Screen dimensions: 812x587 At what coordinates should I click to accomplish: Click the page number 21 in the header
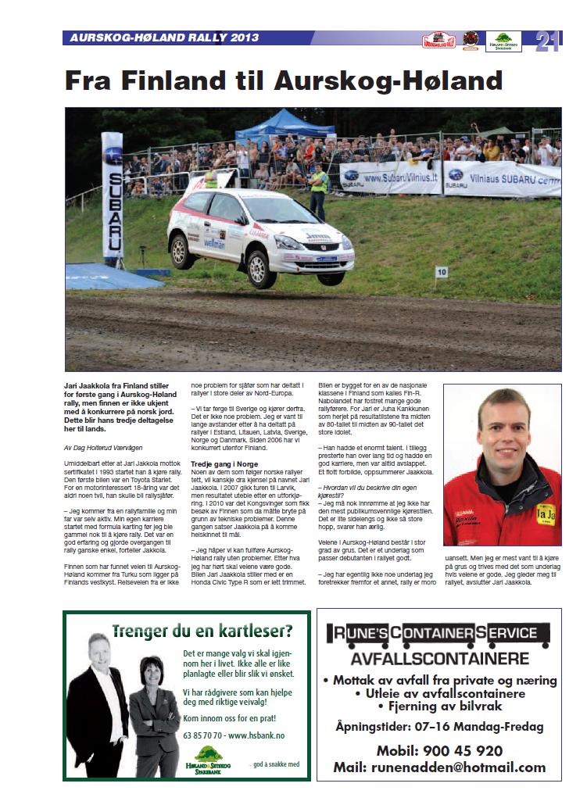[x=546, y=41]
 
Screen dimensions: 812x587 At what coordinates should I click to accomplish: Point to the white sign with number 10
[x=442, y=272]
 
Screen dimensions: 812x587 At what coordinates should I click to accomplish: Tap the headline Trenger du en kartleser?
[x=202, y=631]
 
